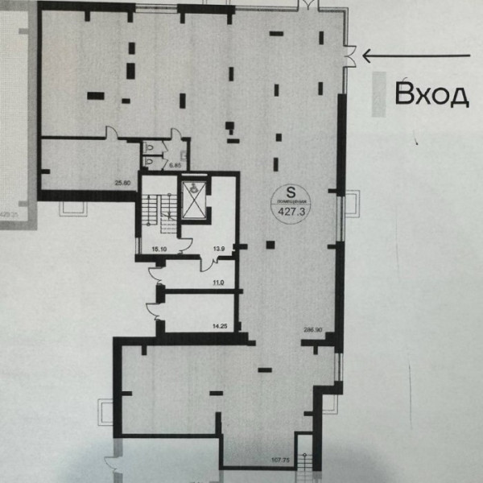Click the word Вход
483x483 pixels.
[431, 95]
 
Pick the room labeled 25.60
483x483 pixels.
[122, 183]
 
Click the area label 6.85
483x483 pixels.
[174, 166]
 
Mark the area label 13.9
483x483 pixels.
[217, 250]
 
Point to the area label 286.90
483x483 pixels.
[313, 330]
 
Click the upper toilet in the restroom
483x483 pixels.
[151, 147]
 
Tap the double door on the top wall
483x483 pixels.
[307, 7]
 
